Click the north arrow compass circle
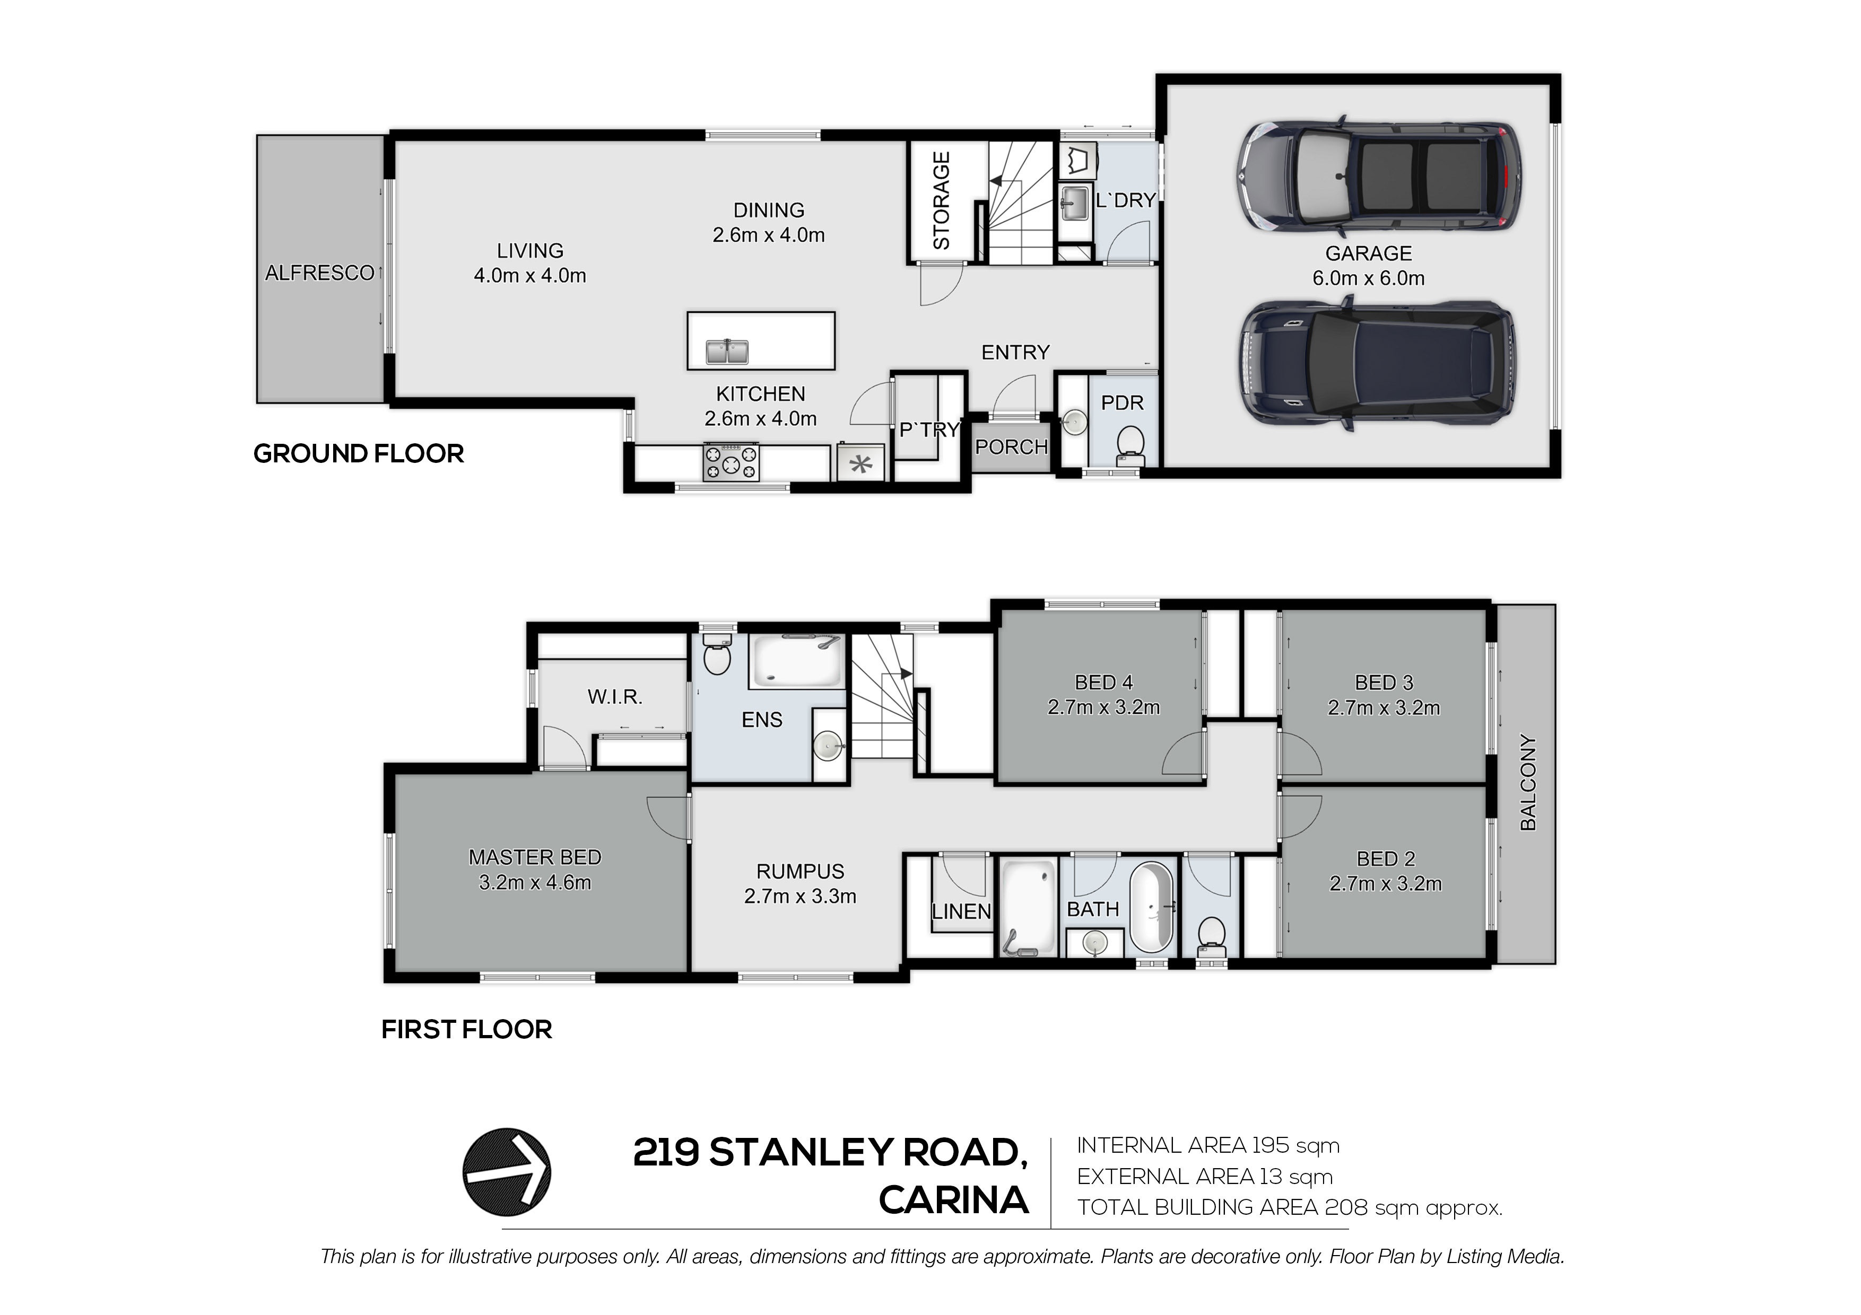click(x=507, y=1172)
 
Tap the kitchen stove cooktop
click(x=731, y=462)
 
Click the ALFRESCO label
click(x=319, y=273)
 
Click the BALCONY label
click(x=1528, y=782)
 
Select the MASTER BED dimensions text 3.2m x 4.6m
click(x=535, y=882)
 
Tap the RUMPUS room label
click(x=800, y=871)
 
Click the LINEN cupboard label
click(x=961, y=911)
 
